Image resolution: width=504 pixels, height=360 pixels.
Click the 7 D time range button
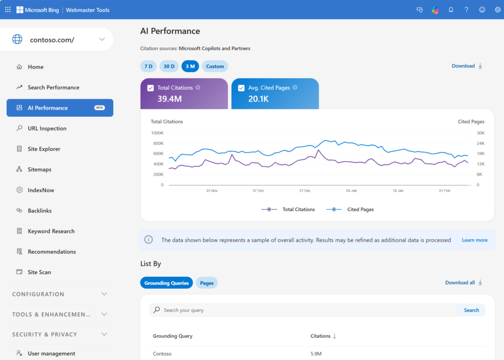click(148, 66)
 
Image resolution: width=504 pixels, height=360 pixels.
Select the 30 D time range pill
click(169, 66)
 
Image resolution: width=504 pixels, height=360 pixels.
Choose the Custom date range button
click(215, 66)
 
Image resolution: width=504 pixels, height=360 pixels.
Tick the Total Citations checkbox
click(151, 88)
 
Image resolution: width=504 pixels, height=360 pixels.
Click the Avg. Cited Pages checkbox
click(241, 88)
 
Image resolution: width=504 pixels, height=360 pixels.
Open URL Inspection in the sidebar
click(47, 128)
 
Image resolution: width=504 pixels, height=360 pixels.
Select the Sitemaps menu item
click(39, 170)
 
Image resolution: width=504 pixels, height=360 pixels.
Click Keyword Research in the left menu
click(51, 231)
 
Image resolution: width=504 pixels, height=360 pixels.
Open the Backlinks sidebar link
click(39, 210)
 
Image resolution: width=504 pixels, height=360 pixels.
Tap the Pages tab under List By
click(207, 283)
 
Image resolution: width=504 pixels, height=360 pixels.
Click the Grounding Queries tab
click(166, 283)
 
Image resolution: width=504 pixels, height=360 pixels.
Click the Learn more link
click(474, 240)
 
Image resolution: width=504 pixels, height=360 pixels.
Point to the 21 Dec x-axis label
click(305, 190)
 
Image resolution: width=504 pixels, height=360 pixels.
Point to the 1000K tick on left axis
click(157, 133)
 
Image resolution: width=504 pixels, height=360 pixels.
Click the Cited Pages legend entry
click(350, 210)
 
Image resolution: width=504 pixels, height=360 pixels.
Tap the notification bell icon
click(451, 10)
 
